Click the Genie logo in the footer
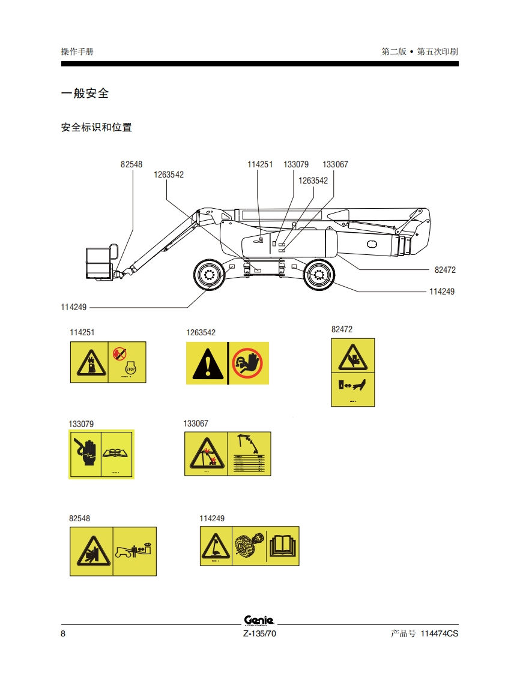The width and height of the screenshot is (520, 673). coord(259,620)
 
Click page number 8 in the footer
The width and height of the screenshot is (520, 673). coord(64,635)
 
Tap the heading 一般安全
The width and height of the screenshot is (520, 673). coord(85,94)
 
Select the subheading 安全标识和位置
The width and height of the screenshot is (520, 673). coord(97,127)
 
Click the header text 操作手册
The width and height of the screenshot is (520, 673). coord(77,52)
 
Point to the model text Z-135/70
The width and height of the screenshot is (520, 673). coord(259,635)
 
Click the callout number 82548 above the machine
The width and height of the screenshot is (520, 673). coord(132,164)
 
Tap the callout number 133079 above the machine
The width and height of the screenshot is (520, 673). coord(296,164)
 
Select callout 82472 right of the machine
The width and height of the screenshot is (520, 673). coord(445,270)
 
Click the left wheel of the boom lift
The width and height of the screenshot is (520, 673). coord(209,275)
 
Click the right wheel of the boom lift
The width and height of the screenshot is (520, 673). coord(318,275)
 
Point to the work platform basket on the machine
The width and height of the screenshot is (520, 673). coord(100,263)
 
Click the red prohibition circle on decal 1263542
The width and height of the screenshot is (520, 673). coord(249,363)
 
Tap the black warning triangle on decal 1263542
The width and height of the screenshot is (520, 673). coord(208,365)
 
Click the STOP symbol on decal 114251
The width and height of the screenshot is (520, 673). coord(130,369)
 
